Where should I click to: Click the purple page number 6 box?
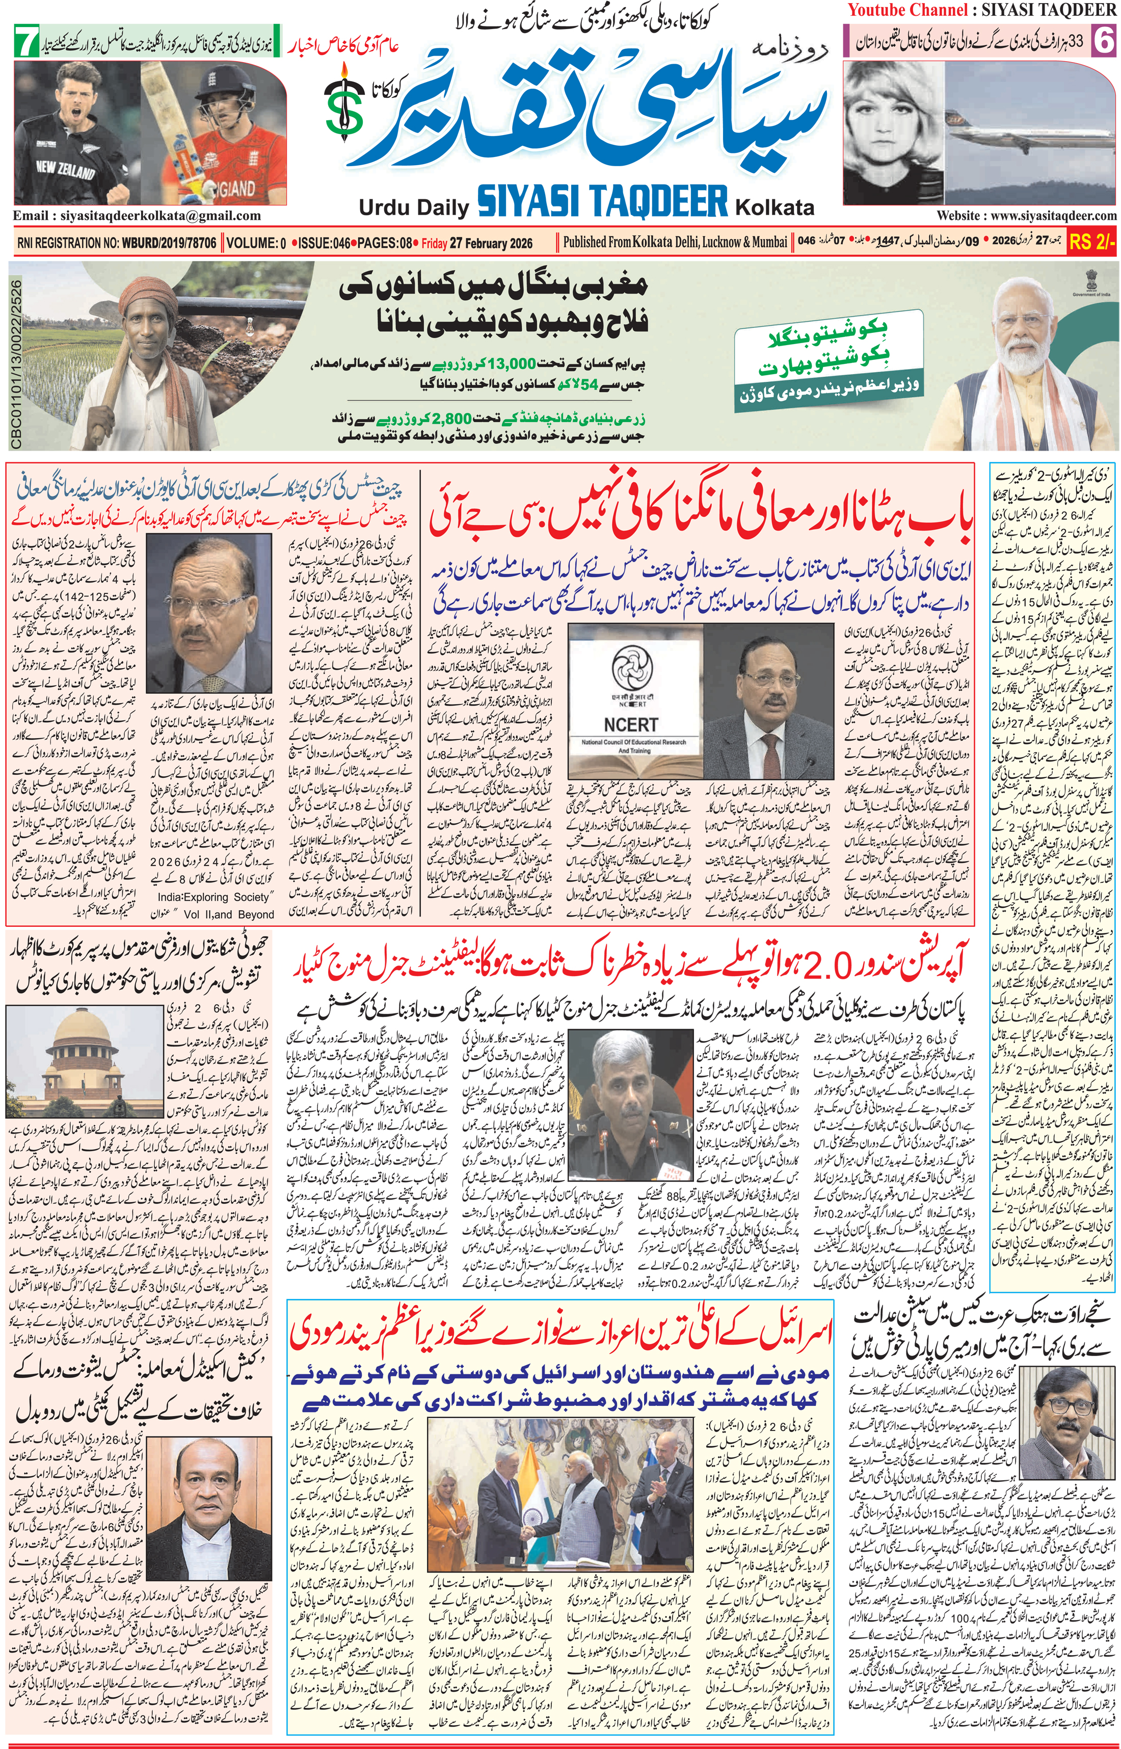pyautogui.click(x=1104, y=41)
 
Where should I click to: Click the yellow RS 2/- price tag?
pyautogui.click(x=1092, y=243)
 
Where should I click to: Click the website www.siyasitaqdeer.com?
pyautogui.click(x=1026, y=216)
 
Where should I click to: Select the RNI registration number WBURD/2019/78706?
pyautogui.click(x=169, y=243)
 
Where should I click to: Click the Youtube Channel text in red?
pyautogui.click(x=907, y=10)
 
